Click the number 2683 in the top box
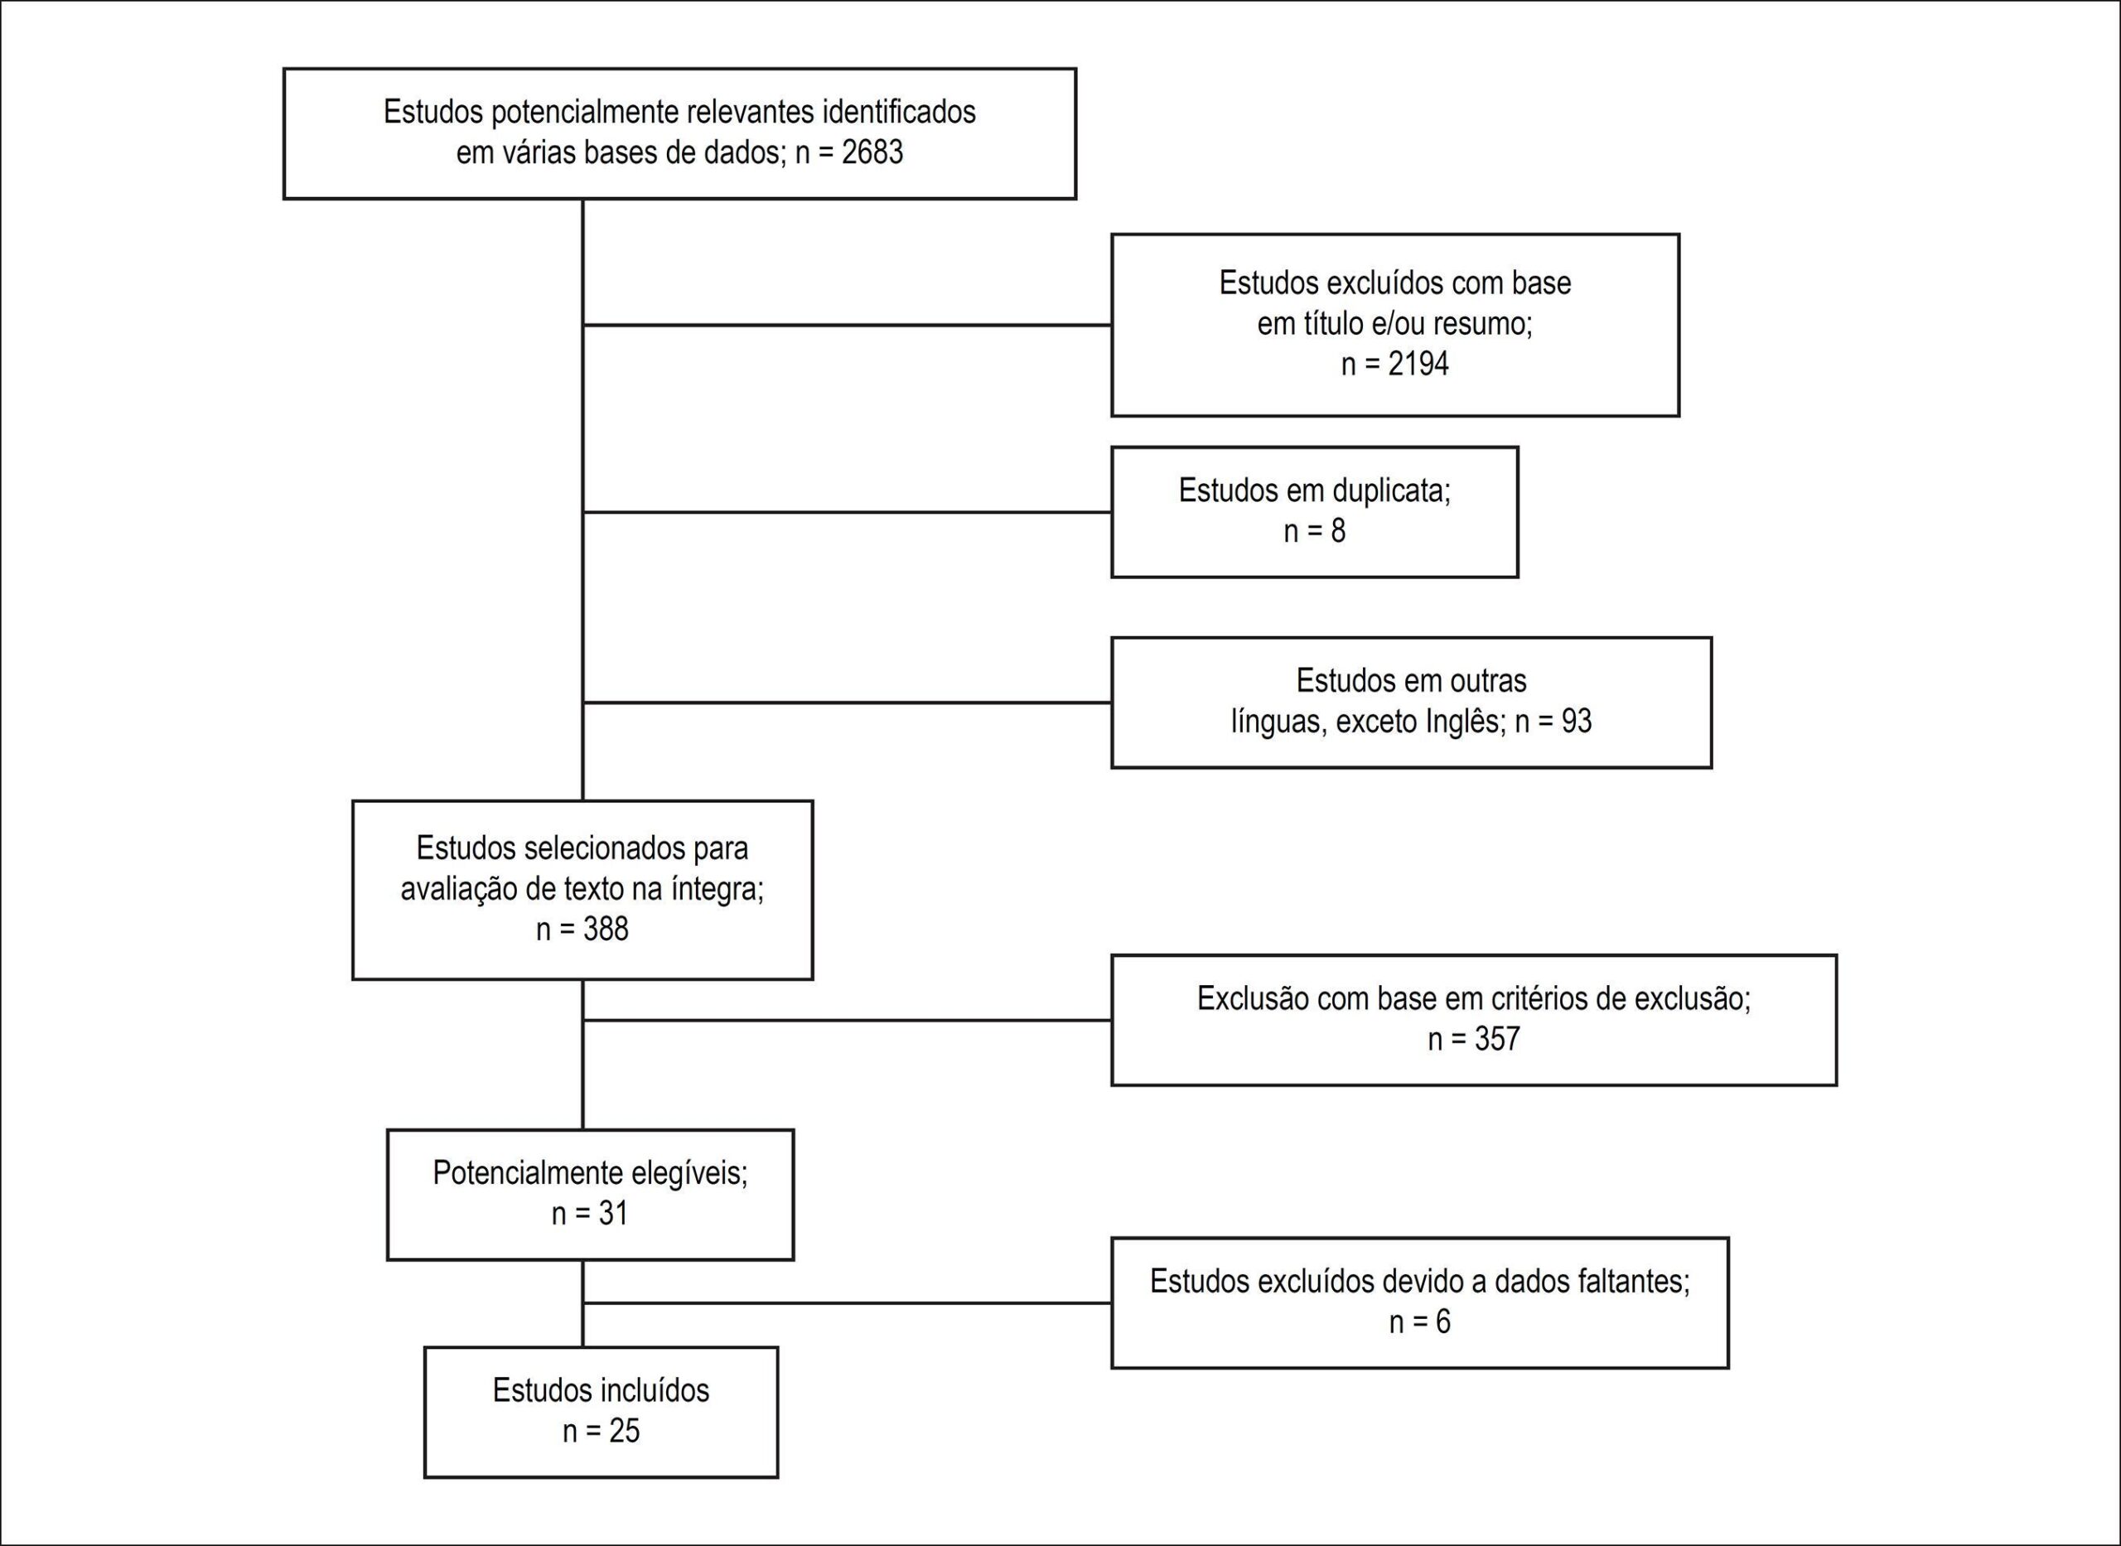coord(872,152)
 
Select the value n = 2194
coord(1395,363)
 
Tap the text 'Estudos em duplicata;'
coord(1315,490)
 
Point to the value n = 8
coord(1315,530)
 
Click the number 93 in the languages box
coord(1576,721)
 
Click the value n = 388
coord(582,929)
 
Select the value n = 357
coord(1474,1039)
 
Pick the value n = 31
coord(589,1214)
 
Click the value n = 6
coord(1419,1321)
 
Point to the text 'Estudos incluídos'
coord(601,1390)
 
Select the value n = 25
coord(601,1431)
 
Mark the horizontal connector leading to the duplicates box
coord(847,512)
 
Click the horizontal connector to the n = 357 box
coord(847,1020)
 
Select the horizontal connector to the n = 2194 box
coord(847,325)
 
